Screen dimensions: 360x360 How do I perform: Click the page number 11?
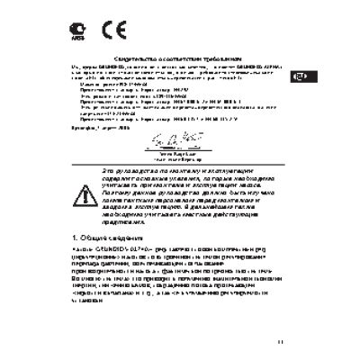click(x=280, y=340)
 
